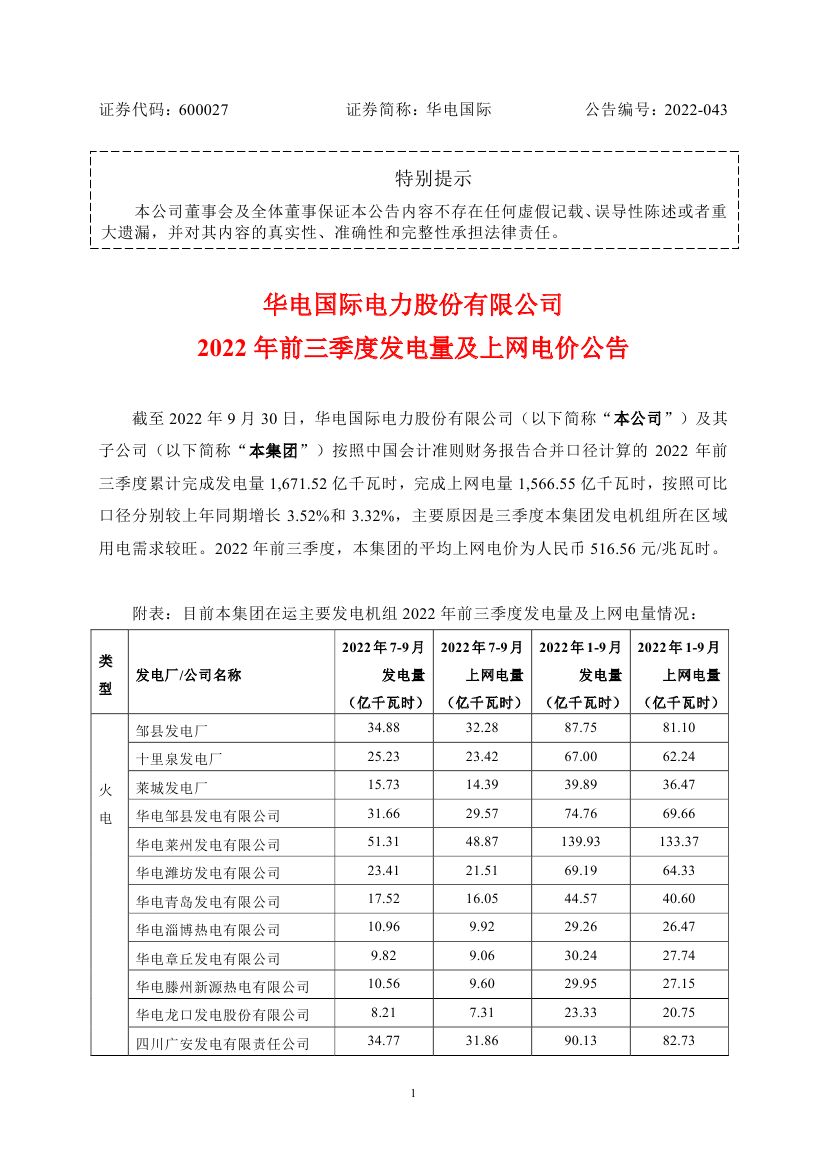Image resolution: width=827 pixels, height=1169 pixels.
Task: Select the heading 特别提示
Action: (433, 179)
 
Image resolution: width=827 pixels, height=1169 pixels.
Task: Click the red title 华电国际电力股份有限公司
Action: (413, 302)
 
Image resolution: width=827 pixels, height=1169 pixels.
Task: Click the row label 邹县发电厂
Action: (168, 729)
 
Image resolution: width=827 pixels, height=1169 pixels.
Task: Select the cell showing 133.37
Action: (679, 844)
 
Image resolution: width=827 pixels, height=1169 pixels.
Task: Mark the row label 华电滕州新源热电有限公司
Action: (222, 988)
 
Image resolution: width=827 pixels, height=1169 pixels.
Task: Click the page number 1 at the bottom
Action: (413, 1094)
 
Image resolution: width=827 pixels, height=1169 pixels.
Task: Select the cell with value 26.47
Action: (679, 930)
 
